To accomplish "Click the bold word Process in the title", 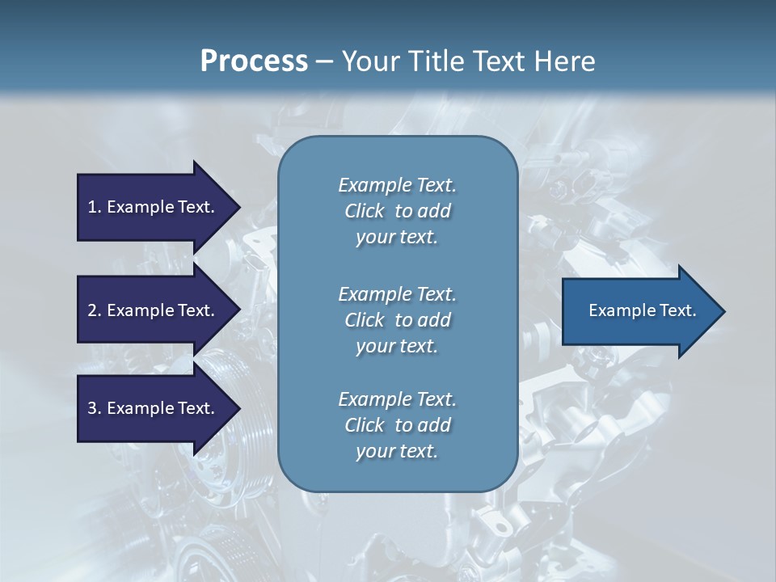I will point(254,61).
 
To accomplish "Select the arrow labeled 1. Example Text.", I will point(150,207).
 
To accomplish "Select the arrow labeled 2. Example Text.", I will point(150,310).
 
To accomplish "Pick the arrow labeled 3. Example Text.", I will point(150,408).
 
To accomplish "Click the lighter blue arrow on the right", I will point(639,310).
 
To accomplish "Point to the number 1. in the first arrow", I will point(94,207).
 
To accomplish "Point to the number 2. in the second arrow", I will point(94,310).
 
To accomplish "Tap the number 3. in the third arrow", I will point(94,408).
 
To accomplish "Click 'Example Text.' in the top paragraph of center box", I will point(397,185).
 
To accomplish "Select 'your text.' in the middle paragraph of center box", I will point(397,346).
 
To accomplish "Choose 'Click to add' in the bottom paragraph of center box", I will point(397,425).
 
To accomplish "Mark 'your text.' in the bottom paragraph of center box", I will point(397,451).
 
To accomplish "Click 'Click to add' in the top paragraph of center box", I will point(397,211).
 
